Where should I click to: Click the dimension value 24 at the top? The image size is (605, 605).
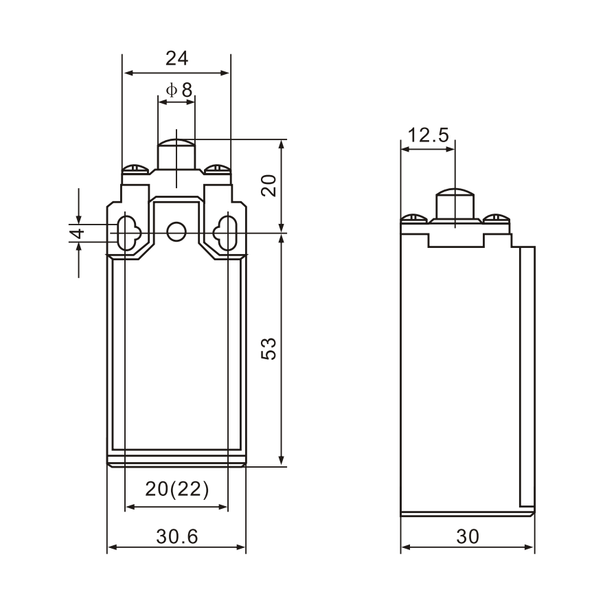coord(176,59)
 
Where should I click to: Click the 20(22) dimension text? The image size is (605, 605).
coord(176,489)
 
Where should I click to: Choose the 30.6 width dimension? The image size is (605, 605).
coord(176,536)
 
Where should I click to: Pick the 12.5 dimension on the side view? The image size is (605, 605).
coord(427,135)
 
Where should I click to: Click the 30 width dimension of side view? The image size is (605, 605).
coord(468,536)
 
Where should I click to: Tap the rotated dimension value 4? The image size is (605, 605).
coord(77,233)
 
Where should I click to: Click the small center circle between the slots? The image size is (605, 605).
coord(176,231)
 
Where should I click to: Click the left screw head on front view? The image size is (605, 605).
coord(133,168)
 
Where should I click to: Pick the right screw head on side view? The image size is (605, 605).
coord(496,219)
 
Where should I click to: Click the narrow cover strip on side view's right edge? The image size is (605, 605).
coord(527,378)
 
